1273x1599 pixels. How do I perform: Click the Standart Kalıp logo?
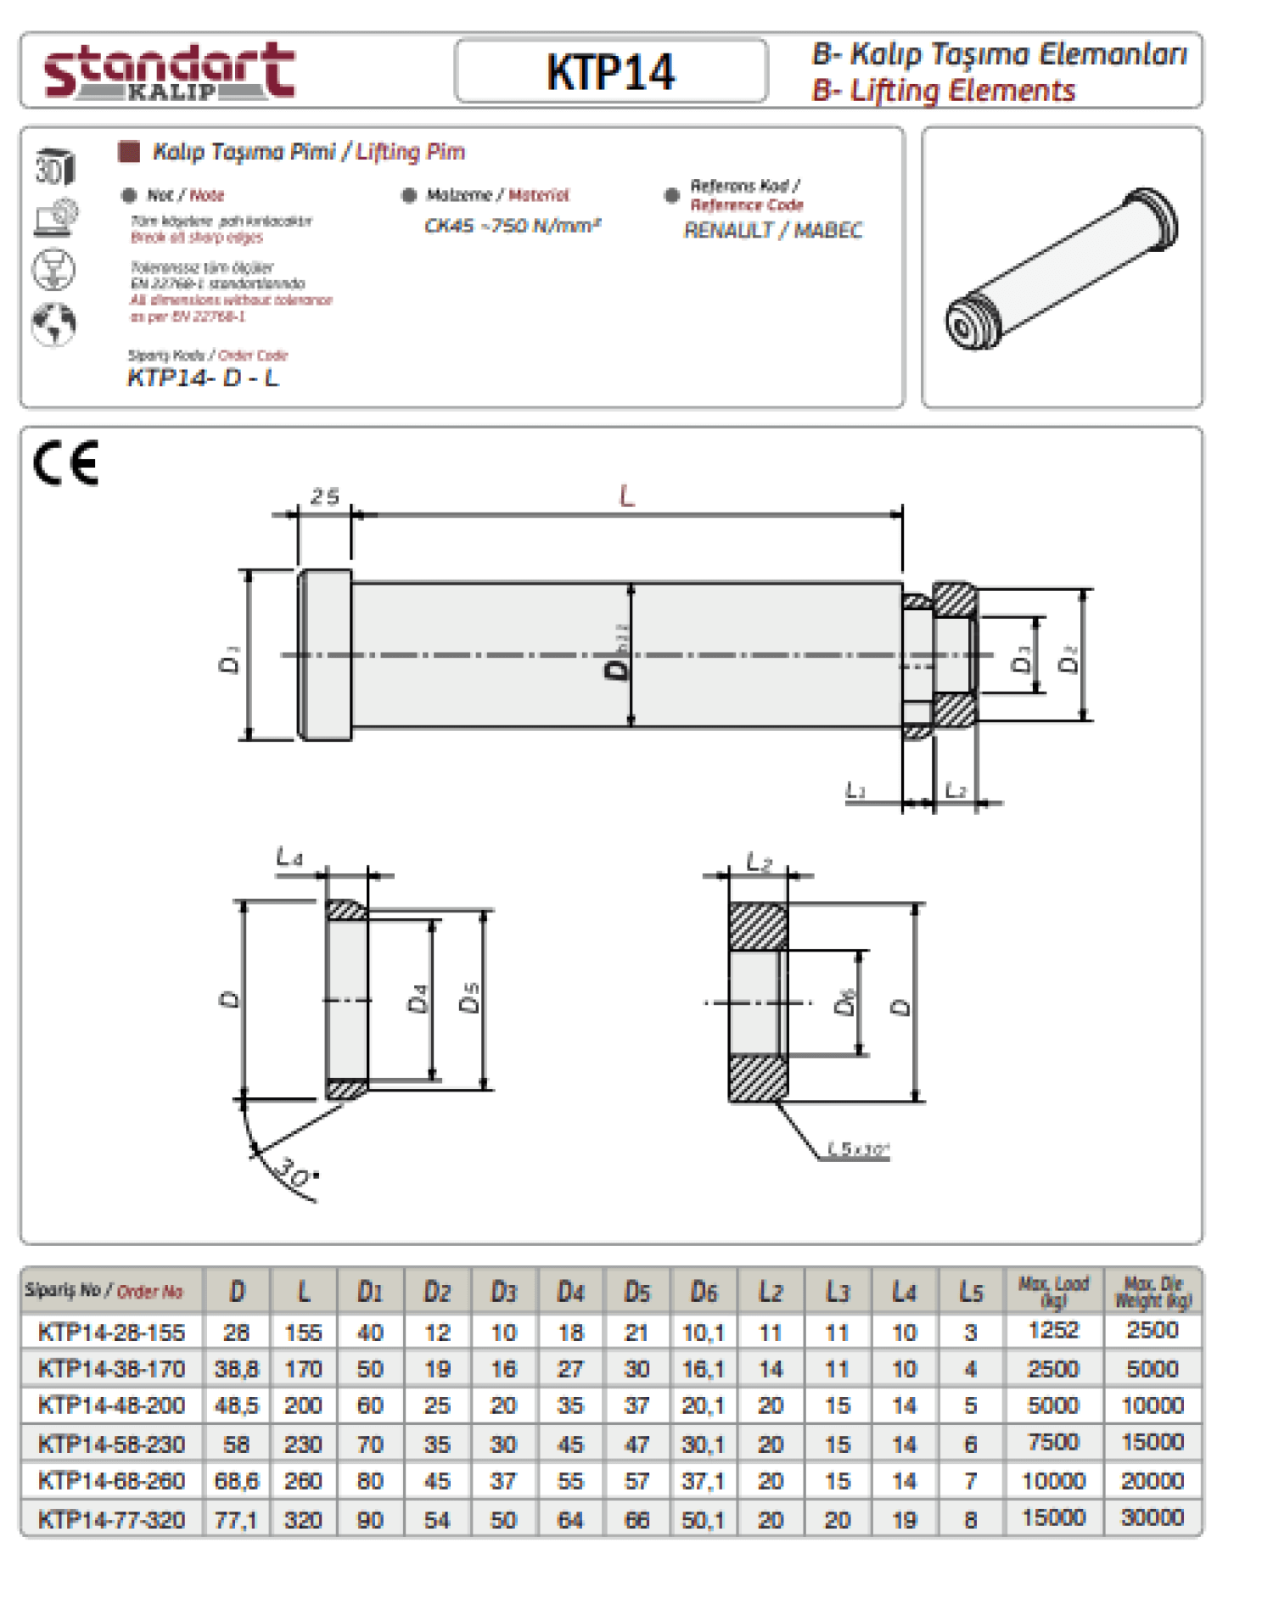(169, 71)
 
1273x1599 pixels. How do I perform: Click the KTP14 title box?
(610, 71)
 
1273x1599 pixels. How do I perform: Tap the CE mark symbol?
(66, 463)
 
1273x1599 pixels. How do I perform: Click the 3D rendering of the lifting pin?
(1062, 267)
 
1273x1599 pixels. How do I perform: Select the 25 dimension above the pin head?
(325, 497)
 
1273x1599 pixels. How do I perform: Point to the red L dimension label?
(626, 496)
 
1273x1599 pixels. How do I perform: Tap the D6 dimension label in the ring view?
(844, 1001)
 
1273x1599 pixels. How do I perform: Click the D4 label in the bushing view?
(418, 998)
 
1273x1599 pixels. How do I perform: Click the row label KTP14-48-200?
(111, 1405)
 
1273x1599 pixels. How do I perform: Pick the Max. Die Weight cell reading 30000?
(1152, 1518)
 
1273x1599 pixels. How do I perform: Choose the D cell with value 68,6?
(236, 1481)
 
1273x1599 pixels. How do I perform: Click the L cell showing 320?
(303, 1519)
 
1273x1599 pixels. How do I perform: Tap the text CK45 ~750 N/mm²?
(513, 226)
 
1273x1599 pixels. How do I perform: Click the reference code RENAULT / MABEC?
(773, 230)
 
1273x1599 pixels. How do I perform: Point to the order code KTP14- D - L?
(203, 378)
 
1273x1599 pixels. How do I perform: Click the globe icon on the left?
(53, 323)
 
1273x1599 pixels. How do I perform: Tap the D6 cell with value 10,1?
(704, 1332)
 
